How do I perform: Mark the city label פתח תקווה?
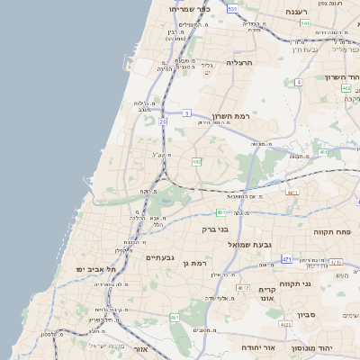click(x=332, y=232)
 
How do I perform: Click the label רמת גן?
click(x=193, y=262)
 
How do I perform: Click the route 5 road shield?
click(x=187, y=112)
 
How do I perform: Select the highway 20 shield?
click(x=163, y=121)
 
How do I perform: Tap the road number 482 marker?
click(x=196, y=162)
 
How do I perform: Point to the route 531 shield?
click(x=232, y=9)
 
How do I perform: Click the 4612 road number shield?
click(x=242, y=287)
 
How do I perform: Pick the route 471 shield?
click(x=287, y=259)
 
